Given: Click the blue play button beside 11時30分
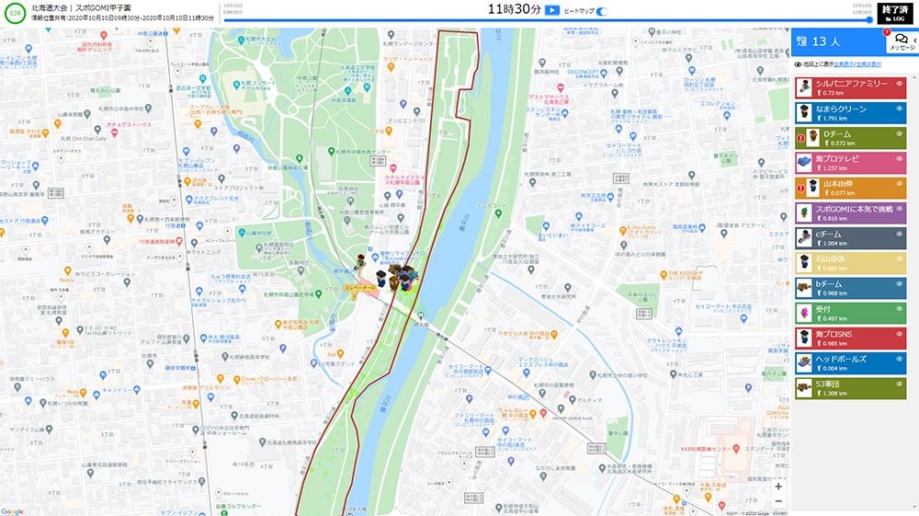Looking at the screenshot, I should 552,10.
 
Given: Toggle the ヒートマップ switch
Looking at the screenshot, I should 602,10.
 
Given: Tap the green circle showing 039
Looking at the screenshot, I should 15,13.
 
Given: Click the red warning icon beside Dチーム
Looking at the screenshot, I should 800,138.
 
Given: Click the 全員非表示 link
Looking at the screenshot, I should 869,64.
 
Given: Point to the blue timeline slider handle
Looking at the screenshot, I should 869,20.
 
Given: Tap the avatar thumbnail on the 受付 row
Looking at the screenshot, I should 807,314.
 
